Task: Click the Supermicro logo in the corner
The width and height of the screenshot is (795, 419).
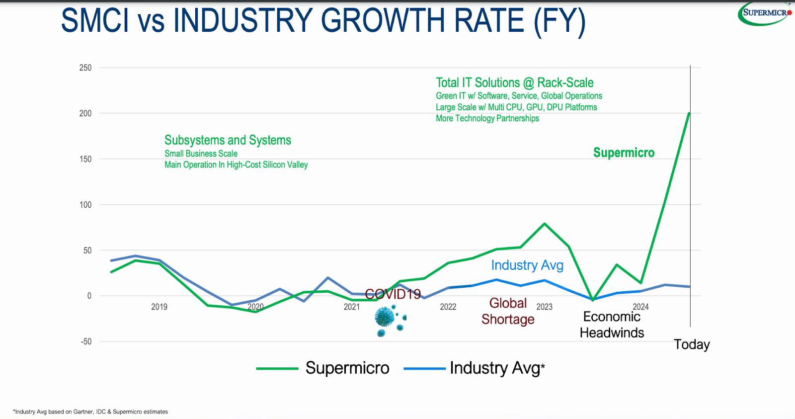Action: click(764, 13)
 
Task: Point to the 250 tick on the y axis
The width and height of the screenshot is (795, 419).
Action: click(85, 68)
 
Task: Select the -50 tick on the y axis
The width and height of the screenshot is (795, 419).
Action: click(86, 341)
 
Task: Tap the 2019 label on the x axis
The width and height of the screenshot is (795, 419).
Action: click(159, 307)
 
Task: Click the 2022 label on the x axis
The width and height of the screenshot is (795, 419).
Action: click(448, 307)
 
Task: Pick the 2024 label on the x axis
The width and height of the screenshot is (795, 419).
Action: click(640, 307)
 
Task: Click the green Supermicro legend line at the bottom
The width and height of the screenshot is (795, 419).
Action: click(277, 368)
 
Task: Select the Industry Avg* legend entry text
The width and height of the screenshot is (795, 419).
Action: click(497, 368)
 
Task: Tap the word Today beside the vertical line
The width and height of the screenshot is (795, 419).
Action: click(692, 344)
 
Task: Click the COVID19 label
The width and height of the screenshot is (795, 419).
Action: click(393, 294)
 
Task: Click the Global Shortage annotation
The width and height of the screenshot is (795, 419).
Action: click(508, 311)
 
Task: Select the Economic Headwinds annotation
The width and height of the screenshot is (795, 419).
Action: click(612, 325)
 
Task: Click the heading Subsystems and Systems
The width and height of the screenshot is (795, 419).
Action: click(228, 140)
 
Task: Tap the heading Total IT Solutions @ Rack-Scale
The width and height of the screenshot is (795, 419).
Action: click(514, 83)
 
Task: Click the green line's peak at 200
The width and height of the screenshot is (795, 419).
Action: click(689, 113)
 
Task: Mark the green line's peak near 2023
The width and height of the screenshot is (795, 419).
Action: click(545, 224)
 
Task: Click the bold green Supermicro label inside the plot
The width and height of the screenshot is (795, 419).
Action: click(624, 153)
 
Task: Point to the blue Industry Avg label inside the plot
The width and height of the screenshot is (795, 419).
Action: click(527, 265)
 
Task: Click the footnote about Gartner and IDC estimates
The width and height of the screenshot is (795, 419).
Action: click(90, 412)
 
